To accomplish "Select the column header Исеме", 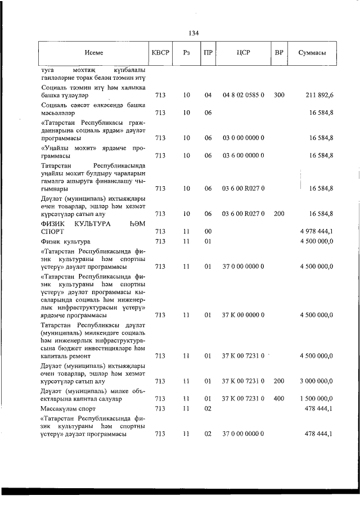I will click(x=94, y=53).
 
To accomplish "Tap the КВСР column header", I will click(x=159, y=53).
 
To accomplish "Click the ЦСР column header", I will click(x=243, y=53).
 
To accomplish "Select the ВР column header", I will click(x=278, y=53).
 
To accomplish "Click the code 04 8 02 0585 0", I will click(x=243, y=96).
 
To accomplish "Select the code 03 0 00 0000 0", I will click(x=243, y=137).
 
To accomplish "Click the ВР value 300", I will click(x=279, y=96).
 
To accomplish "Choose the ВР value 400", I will click(x=279, y=398).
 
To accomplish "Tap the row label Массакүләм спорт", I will click(x=69, y=408).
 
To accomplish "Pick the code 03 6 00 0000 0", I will click(x=243, y=155).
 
